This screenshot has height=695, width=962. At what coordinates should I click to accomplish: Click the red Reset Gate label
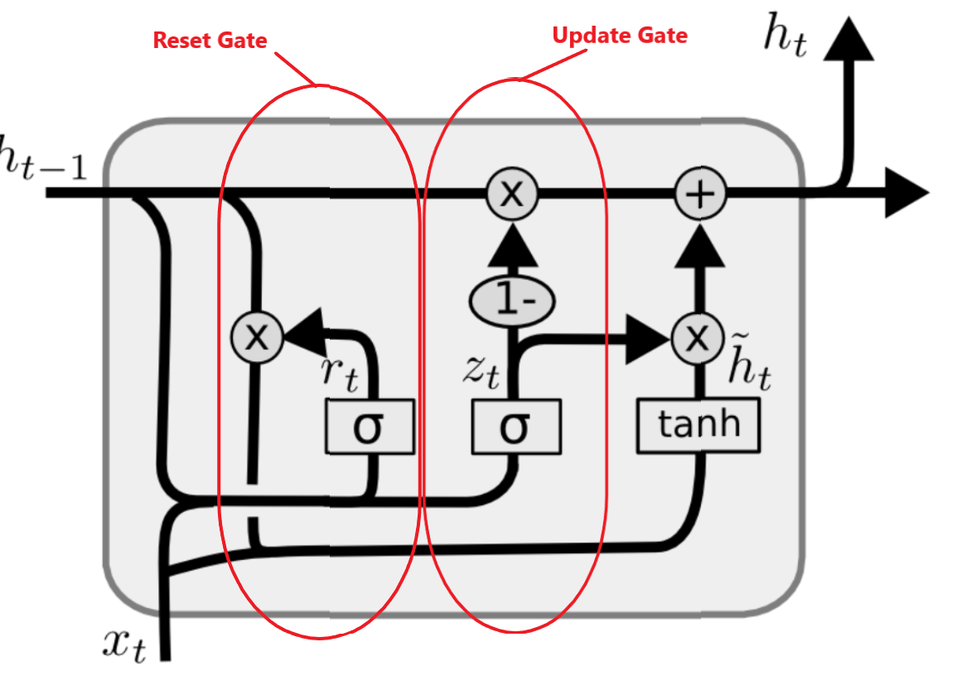click(x=210, y=39)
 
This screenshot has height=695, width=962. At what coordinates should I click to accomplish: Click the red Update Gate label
click(x=620, y=35)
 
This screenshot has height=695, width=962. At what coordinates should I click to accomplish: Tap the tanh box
click(x=698, y=426)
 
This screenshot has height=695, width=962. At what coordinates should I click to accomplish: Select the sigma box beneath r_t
click(x=369, y=427)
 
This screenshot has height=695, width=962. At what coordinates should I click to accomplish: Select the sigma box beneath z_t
click(x=515, y=427)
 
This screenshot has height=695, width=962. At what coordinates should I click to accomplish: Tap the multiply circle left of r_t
click(x=258, y=336)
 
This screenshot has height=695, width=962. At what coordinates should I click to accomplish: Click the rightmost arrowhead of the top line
click(x=905, y=193)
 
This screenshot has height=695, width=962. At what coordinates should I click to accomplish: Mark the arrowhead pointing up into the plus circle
click(x=700, y=246)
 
